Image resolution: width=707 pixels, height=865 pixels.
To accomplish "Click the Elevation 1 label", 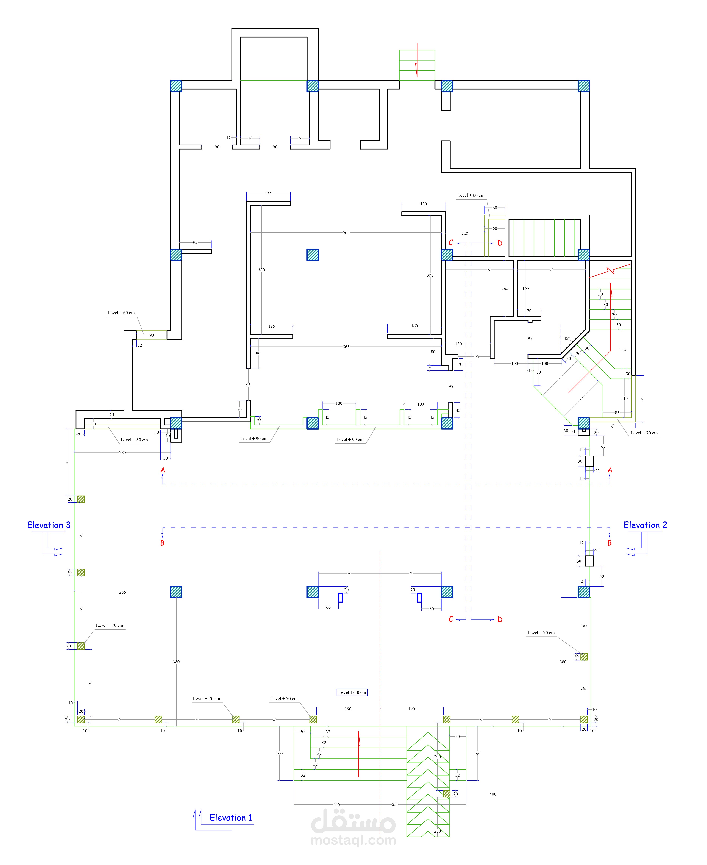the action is (231, 817).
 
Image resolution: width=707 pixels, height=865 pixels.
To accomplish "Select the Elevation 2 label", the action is (645, 525).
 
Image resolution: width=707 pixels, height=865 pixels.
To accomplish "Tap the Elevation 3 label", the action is (49, 525).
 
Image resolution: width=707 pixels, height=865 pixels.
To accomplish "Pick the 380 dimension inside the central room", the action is (261, 270).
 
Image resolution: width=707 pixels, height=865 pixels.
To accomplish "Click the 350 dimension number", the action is (430, 275).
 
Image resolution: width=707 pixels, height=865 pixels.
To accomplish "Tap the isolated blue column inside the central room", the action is (312, 255).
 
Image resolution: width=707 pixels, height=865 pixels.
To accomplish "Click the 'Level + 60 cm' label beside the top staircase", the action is (471, 195).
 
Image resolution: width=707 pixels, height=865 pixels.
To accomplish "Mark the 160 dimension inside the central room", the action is (414, 326).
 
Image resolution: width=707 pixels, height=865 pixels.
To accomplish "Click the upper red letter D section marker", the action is (500, 243).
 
